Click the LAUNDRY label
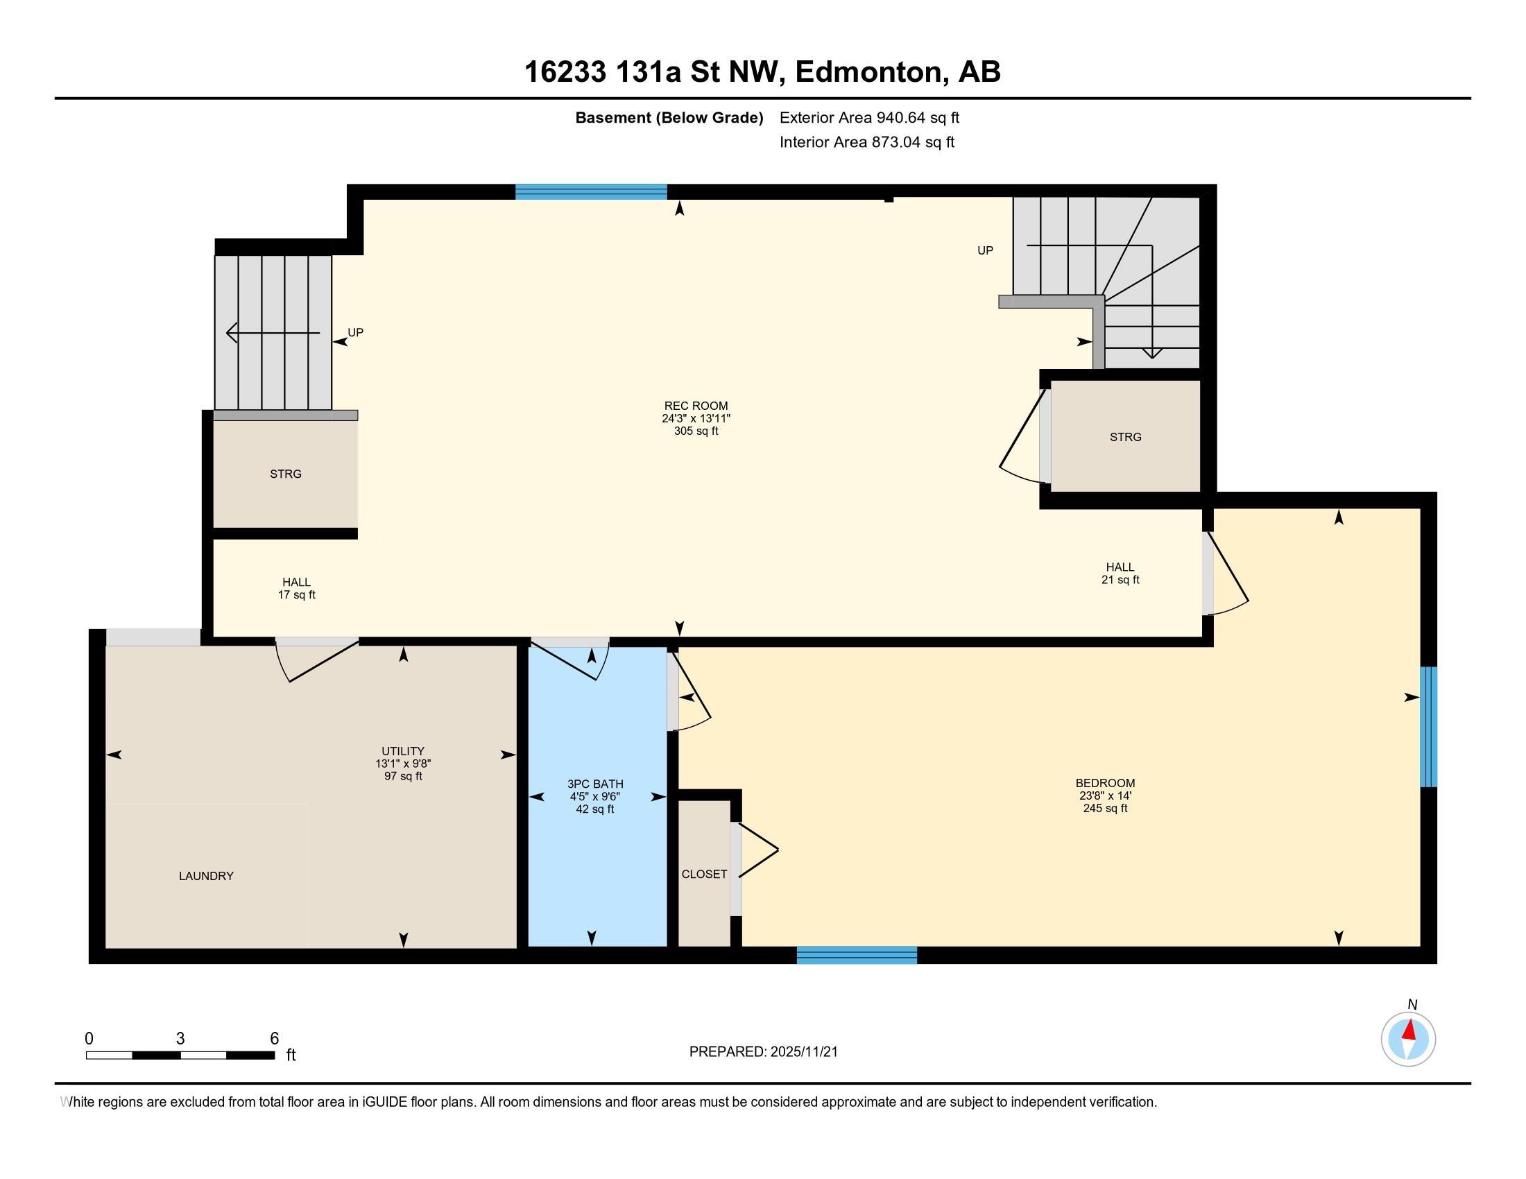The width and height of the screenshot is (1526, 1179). [206, 876]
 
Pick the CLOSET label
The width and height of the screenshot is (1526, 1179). [704, 875]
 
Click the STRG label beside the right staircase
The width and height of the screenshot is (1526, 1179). [1126, 437]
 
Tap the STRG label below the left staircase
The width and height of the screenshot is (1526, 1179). [286, 474]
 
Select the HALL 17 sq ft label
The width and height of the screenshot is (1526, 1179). [297, 588]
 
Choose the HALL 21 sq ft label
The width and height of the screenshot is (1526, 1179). [1120, 573]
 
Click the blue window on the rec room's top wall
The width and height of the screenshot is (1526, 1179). [591, 192]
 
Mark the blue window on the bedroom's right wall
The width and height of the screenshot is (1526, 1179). [1429, 726]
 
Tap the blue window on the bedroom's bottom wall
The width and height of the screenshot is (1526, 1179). [857, 956]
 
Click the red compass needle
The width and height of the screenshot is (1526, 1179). [1410, 1030]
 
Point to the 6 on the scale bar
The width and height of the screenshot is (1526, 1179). [275, 1039]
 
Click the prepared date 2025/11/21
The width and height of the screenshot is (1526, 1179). [803, 1052]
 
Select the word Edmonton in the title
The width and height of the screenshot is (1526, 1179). [869, 72]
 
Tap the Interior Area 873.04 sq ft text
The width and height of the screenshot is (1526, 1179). [867, 142]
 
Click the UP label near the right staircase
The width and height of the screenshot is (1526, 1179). [985, 250]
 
